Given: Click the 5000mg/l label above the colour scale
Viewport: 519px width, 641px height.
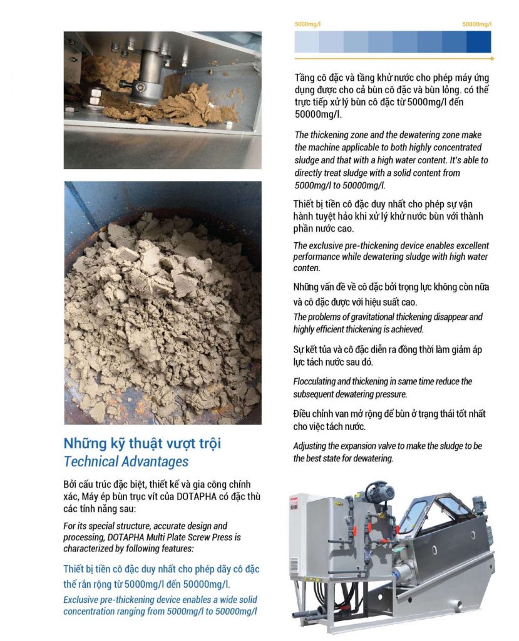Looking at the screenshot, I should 307,24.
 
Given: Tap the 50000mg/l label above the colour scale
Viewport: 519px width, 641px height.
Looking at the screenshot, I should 476,24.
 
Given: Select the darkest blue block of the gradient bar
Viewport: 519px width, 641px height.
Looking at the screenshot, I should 479,42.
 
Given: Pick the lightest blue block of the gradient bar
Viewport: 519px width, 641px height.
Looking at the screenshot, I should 307,42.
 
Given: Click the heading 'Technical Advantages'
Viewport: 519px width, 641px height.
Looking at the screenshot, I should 126,462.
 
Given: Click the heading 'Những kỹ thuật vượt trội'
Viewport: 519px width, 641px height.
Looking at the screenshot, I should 142,444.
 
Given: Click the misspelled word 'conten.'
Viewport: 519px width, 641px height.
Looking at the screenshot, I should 306,268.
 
